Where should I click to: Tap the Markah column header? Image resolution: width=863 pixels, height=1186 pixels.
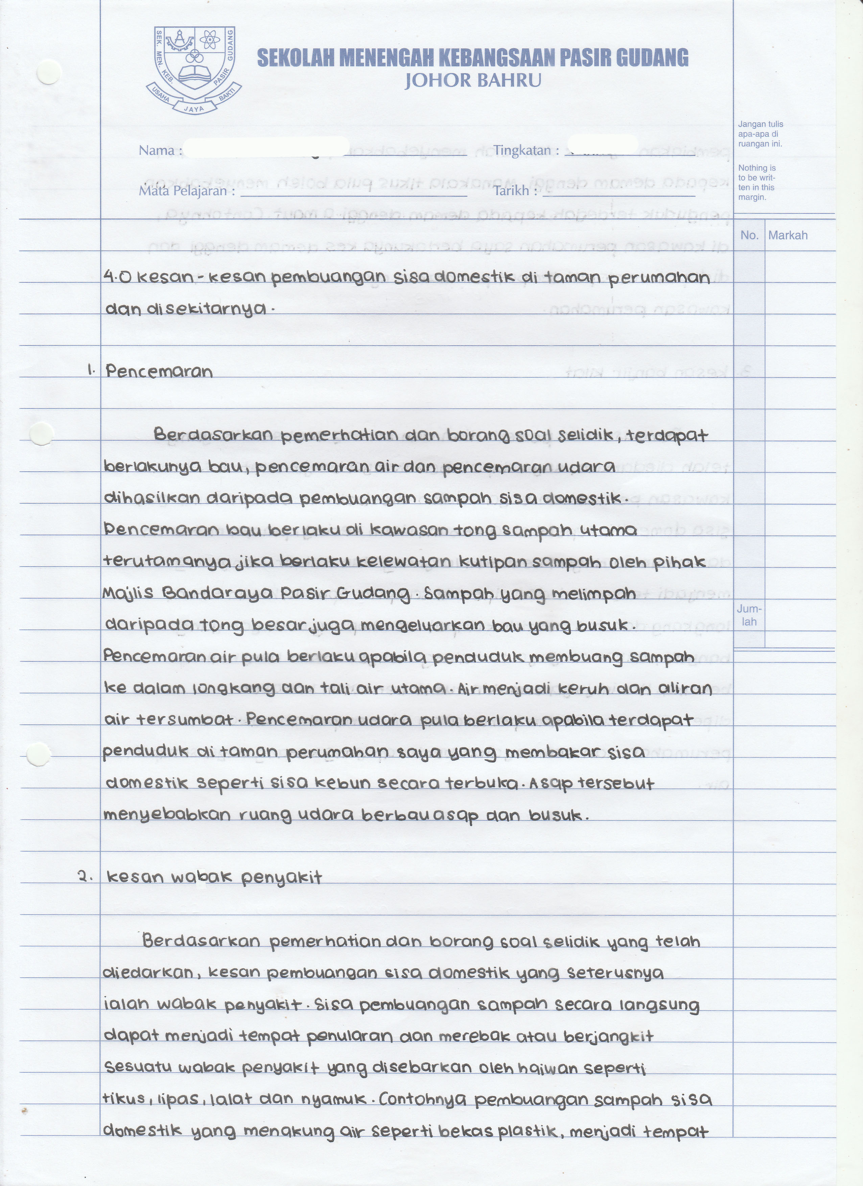pyautogui.click(x=787, y=235)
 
